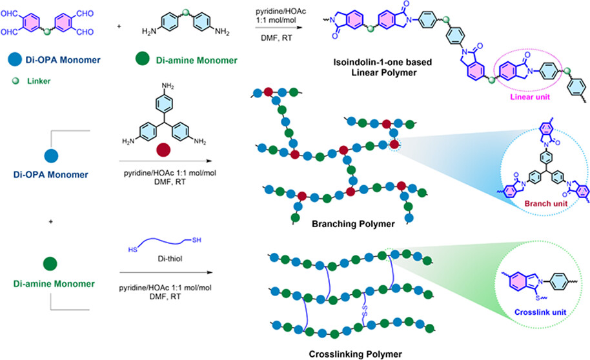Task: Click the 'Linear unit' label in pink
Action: [x=530, y=97]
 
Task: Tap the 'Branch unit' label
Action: [x=546, y=203]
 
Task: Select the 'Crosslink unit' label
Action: [x=540, y=312]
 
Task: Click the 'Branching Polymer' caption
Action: [x=353, y=225]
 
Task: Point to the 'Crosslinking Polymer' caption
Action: [x=355, y=354]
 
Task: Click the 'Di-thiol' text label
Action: [x=170, y=259]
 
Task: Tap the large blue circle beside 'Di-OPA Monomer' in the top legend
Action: [x=15, y=59]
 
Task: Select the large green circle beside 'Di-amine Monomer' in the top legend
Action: [x=142, y=59]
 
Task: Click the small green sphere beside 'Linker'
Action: [x=15, y=81]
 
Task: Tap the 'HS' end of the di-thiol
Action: [x=132, y=250]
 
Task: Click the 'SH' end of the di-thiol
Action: [x=196, y=240]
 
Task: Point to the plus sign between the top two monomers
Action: [x=119, y=26]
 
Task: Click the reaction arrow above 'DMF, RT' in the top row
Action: [x=279, y=28]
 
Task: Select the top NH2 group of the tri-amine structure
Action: [x=168, y=86]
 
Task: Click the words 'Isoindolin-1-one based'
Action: [x=382, y=63]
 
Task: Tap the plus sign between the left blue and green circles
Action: [x=51, y=221]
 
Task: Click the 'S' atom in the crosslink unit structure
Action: [x=538, y=298]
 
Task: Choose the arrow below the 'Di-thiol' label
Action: [x=166, y=272]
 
